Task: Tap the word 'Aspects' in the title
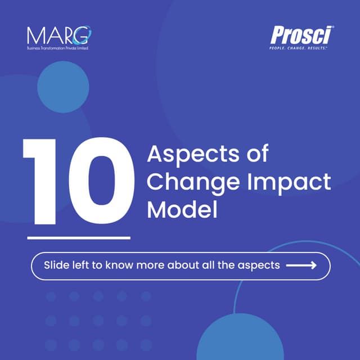183,154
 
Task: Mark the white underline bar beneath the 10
78,237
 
